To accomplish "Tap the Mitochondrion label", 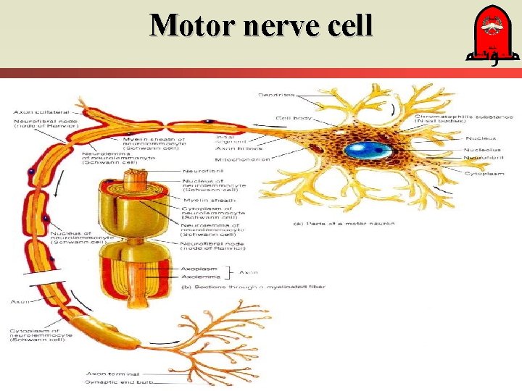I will tap(242, 159).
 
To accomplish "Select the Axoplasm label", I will tap(198, 269).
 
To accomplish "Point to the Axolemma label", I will tap(199, 277).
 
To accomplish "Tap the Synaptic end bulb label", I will tap(113, 382).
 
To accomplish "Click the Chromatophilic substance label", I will tap(463, 117).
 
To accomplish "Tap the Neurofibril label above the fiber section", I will tap(198, 171).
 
